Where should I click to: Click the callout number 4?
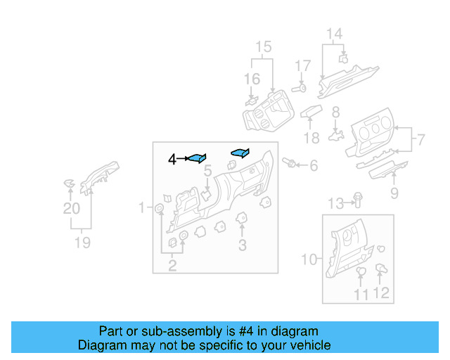pos(172,160)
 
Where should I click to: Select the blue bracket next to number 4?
pos(197,158)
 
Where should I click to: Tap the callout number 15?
pos(263,47)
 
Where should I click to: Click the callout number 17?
pos(302,66)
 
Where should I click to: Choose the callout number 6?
pos(314,166)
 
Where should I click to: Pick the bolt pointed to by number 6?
pos(288,164)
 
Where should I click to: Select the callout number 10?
pos(309,259)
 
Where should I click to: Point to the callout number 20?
pos(71,208)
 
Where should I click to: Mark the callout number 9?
pos(394,193)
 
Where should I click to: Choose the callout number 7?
pos(421,140)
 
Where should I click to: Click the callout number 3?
pos(242,245)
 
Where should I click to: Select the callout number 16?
pos(252,79)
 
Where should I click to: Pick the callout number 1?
pos(141,207)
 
